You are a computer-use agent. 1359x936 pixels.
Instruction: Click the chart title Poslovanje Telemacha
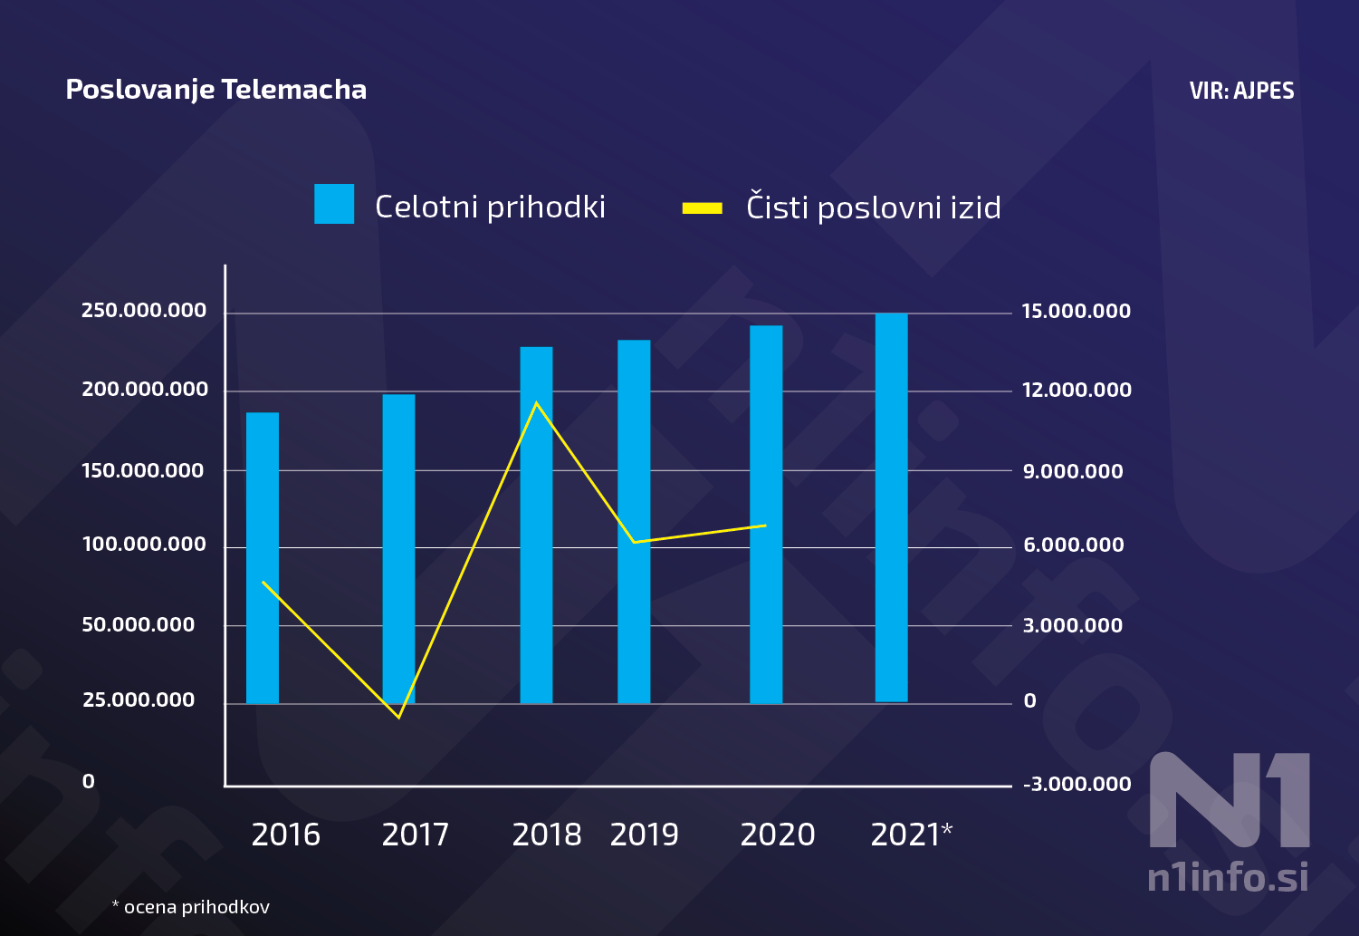click(x=216, y=90)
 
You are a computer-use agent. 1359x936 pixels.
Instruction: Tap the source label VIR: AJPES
click(x=1241, y=91)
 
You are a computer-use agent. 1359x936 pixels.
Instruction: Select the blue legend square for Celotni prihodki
click(x=334, y=204)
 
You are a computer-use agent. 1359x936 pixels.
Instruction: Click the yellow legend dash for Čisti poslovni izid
click(x=702, y=208)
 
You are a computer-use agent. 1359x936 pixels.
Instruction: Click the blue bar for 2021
click(x=891, y=507)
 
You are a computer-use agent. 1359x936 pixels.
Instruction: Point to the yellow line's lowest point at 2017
click(x=399, y=717)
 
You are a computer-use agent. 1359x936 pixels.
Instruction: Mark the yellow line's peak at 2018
click(x=537, y=402)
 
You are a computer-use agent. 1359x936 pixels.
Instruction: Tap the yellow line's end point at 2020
click(x=765, y=526)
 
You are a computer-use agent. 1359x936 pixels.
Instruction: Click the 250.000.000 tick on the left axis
click(x=144, y=311)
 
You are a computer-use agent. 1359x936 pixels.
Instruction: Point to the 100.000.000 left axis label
click(x=144, y=545)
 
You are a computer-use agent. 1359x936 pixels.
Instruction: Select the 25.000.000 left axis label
click(x=139, y=700)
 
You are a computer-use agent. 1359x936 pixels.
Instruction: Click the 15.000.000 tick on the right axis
click(x=1076, y=312)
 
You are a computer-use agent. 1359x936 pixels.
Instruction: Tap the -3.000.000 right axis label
click(x=1077, y=785)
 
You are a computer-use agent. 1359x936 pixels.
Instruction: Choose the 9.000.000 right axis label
click(x=1073, y=471)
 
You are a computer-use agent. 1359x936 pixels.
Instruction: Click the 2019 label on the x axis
click(x=644, y=835)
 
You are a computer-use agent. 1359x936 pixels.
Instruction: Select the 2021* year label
click(x=911, y=835)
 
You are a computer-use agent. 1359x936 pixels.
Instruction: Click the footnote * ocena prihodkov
click(x=190, y=907)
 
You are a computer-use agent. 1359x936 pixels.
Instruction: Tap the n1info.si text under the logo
click(x=1228, y=877)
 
